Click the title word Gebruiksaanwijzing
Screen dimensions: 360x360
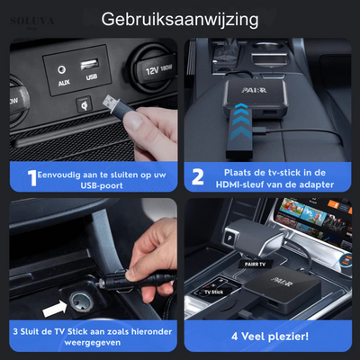pyautogui.click(x=179, y=18)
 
